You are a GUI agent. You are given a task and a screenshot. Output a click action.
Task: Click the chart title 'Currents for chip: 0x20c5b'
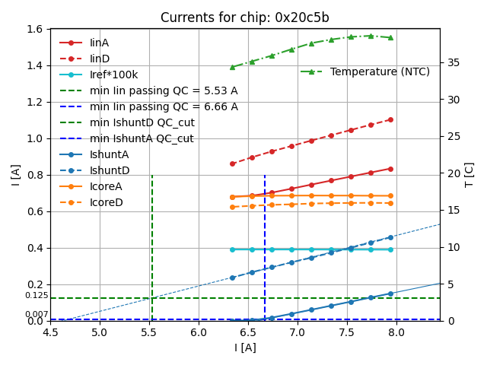point(244,17)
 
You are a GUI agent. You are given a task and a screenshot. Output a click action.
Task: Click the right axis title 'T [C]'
point(469,175)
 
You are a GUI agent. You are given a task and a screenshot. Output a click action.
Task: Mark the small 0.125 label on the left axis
point(36,296)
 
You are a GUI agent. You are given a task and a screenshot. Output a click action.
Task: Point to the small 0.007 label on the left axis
point(36,315)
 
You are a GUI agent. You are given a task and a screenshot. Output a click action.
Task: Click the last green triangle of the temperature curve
point(390,37)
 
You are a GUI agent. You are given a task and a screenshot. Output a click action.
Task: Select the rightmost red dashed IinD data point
point(390,119)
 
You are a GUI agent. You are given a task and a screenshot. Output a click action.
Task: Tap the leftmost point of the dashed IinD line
point(232,163)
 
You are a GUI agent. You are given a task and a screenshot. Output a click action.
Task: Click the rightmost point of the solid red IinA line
point(390,169)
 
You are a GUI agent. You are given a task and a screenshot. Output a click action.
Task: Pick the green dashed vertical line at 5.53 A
point(152,243)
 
